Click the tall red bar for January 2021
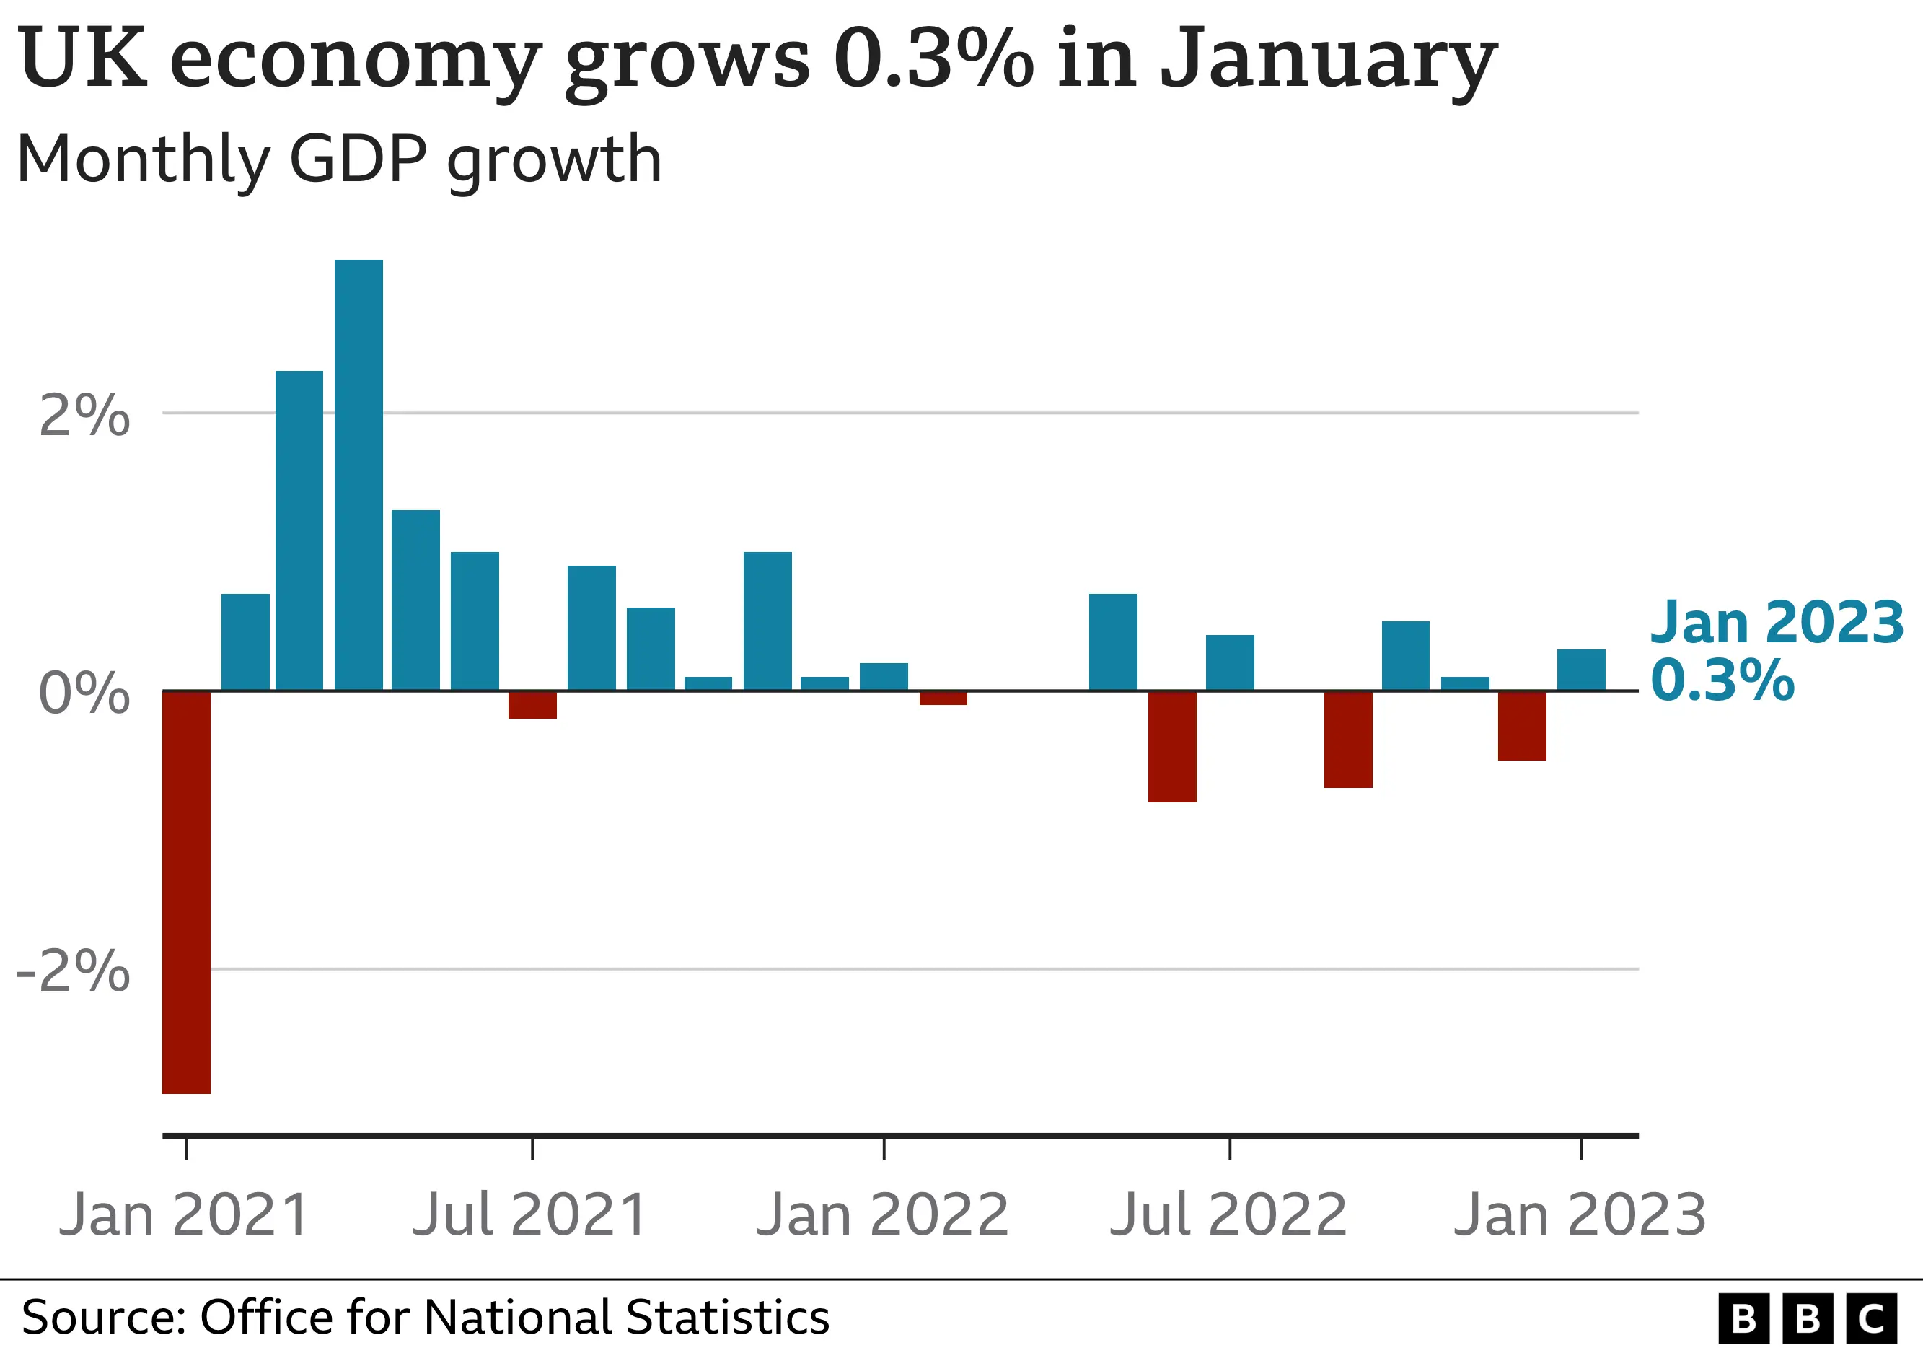tap(186, 891)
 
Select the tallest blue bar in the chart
tap(358, 474)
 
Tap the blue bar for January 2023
tap(1580, 670)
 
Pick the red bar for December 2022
tap(1522, 725)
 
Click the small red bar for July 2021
tap(532, 704)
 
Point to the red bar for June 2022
tap(1171, 745)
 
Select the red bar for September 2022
tap(1347, 739)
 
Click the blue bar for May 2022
tap(1113, 642)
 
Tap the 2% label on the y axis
tap(84, 416)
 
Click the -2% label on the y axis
tap(74, 972)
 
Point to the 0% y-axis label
tap(84, 693)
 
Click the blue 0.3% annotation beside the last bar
tap(1722, 680)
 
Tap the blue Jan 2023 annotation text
tap(1777, 623)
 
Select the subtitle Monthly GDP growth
tap(339, 159)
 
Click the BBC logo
tap(1807, 1318)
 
